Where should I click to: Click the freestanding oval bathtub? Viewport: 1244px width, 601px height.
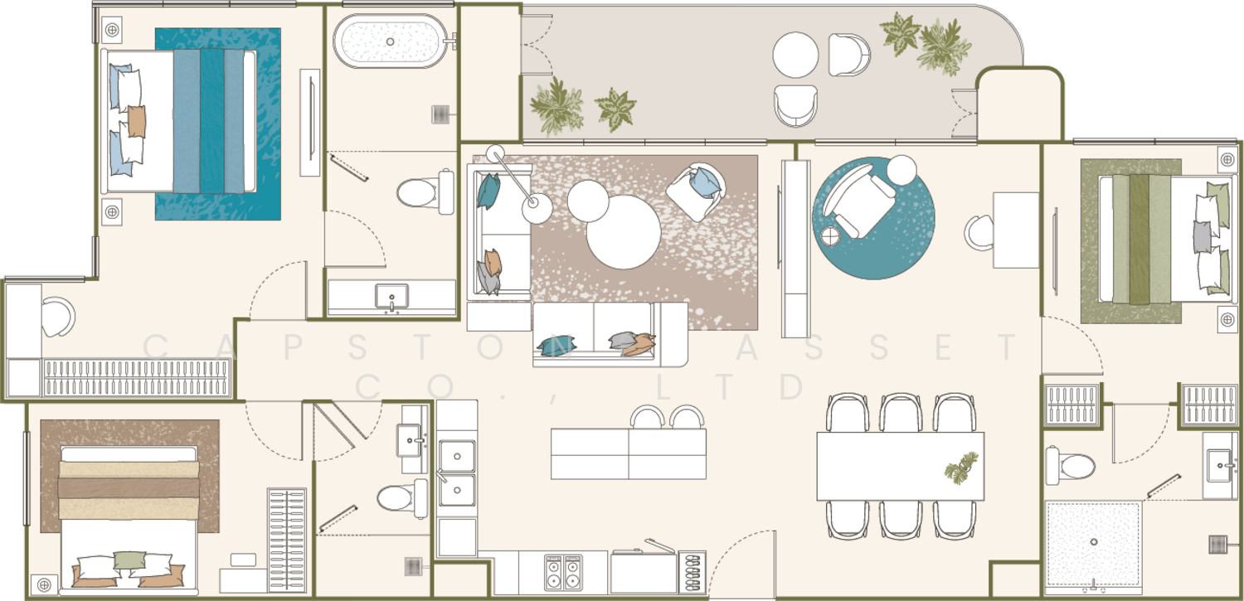coord(391,41)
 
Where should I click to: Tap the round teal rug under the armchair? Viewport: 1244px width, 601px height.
coord(873,218)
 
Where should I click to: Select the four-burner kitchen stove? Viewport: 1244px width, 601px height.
coord(562,572)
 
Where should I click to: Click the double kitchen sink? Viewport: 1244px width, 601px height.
coord(457,473)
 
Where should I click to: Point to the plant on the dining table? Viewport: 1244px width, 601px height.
coord(961,468)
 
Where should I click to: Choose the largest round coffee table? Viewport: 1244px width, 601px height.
coord(624,232)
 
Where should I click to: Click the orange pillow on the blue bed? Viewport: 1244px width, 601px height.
coord(137,122)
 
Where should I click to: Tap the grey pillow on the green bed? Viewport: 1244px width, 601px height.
coord(1203,237)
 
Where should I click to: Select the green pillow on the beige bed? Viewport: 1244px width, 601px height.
coord(129,560)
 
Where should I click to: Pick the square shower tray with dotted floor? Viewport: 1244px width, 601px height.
coord(1094,544)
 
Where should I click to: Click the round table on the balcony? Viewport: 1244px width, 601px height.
coord(795,55)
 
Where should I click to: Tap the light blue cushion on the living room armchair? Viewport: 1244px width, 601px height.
coord(705,183)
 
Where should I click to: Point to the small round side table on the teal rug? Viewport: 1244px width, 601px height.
coord(830,236)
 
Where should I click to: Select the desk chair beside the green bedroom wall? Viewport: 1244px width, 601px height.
coord(979,232)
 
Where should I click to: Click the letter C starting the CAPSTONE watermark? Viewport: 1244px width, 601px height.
coord(156,347)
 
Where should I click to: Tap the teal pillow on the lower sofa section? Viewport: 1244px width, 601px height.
coord(556,345)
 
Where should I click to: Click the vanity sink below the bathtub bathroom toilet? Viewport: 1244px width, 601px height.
coord(391,296)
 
